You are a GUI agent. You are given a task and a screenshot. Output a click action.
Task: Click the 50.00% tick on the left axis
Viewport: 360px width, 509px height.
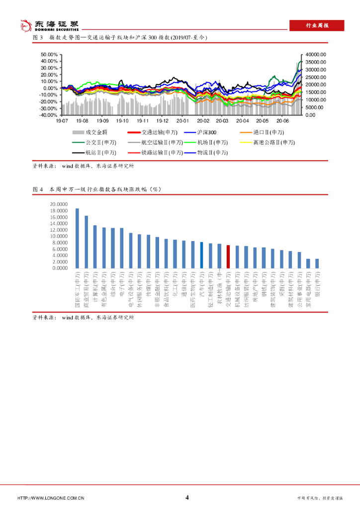[49, 54]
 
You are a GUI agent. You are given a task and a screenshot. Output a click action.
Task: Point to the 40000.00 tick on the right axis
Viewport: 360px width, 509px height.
[316, 54]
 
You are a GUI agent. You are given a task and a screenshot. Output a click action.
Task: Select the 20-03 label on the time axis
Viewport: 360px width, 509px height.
[222, 121]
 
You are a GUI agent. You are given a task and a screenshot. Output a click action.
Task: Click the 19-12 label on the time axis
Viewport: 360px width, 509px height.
[163, 121]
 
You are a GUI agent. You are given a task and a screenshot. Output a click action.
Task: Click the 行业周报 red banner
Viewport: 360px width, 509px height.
[316, 26]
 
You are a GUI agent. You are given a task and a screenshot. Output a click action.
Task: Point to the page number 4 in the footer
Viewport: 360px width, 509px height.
[187, 498]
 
